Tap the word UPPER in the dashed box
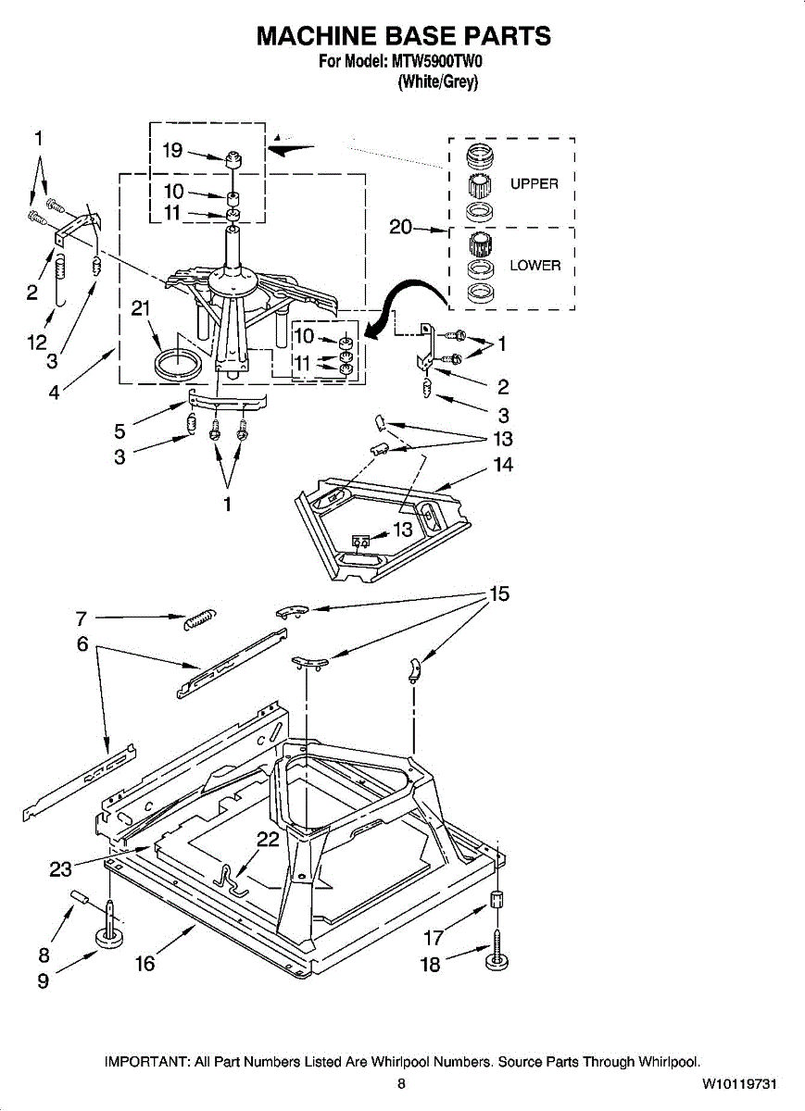[534, 183]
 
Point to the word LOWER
[535, 266]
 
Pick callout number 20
[400, 227]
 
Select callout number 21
[141, 309]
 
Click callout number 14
[503, 464]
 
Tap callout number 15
[499, 593]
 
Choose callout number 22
[268, 839]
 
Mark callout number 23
[60, 869]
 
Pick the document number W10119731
[738, 1083]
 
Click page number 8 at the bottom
[401, 1083]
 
